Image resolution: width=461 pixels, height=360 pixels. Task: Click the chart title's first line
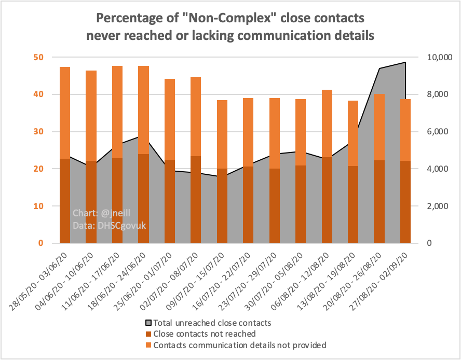(x=230, y=19)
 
